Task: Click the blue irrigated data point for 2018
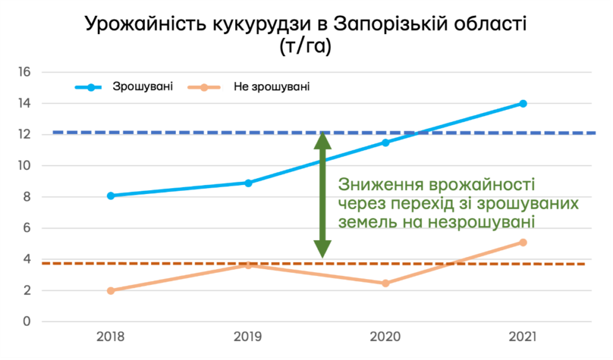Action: click(x=111, y=196)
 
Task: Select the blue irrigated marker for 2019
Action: click(x=248, y=183)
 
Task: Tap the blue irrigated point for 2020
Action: click(x=385, y=143)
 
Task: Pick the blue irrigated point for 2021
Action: click(x=523, y=104)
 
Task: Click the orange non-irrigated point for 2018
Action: click(x=111, y=291)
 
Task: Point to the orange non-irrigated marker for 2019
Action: click(x=248, y=265)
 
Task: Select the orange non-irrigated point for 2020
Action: click(x=385, y=284)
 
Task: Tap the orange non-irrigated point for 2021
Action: click(x=523, y=243)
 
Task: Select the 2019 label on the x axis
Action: click(x=248, y=337)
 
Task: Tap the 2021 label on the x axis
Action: click(x=523, y=337)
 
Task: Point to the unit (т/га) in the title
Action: click(x=305, y=47)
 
